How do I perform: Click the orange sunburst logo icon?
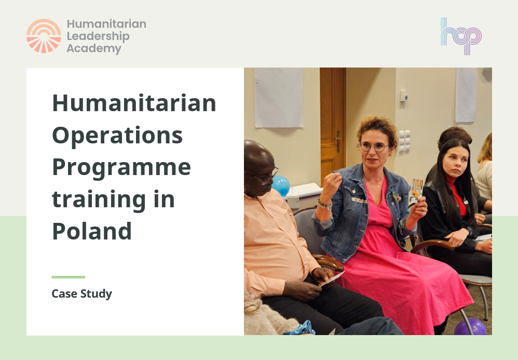click(44, 36)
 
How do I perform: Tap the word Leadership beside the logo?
click(98, 36)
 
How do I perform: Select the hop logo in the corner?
click(461, 36)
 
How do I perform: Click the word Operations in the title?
click(117, 135)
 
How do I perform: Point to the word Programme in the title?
click(121, 167)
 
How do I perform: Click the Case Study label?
click(81, 294)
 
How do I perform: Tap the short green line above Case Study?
click(68, 277)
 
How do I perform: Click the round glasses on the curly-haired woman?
click(374, 147)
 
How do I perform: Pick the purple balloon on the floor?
click(470, 327)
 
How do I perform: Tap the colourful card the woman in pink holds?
click(417, 189)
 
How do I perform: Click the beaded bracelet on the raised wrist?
click(324, 204)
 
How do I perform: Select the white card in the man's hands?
click(332, 279)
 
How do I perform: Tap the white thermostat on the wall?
click(403, 96)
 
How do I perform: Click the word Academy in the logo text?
click(93, 49)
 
